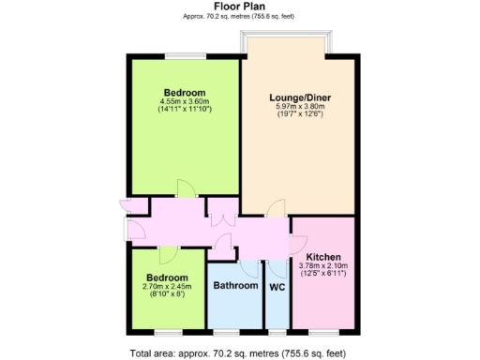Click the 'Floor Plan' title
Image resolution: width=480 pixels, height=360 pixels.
[x=239, y=6]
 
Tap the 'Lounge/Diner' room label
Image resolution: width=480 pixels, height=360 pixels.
[x=297, y=97]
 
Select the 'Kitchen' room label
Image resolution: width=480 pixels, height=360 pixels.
[x=322, y=257]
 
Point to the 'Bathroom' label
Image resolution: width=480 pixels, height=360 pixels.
[x=234, y=285]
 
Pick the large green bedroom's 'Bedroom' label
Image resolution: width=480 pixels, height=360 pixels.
[x=185, y=92]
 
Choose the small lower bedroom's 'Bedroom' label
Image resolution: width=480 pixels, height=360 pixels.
[x=165, y=278]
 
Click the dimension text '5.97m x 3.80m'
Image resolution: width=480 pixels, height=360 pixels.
[x=297, y=107]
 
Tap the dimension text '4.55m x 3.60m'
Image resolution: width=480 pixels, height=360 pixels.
[x=185, y=101]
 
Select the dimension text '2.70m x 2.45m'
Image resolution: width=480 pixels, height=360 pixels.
[x=165, y=287]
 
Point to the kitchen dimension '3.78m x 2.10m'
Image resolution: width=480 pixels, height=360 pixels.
[x=322, y=265]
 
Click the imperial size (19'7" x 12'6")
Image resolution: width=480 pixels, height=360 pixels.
[x=297, y=115]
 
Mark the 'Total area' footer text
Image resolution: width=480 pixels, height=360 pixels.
[x=239, y=352]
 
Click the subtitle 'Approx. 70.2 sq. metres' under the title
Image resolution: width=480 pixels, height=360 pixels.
[x=239, y=16]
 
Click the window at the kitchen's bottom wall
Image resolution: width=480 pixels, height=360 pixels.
[x=322, y=331]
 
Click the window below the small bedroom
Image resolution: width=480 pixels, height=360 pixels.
[x=169, y=331]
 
